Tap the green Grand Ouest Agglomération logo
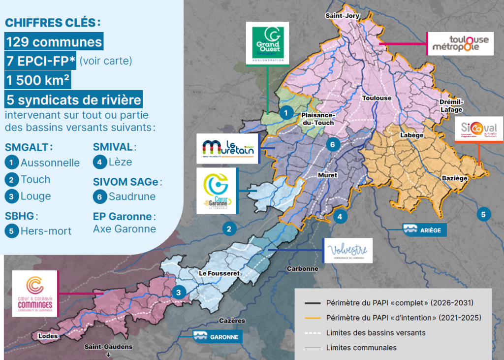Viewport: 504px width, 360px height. (267, 44)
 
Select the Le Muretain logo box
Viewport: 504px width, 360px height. (228, 147)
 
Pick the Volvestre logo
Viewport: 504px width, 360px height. (347, 251)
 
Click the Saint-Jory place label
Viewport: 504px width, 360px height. (343, 16)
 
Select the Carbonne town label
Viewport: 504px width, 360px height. (302, 269)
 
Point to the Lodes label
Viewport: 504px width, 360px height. (48, 336)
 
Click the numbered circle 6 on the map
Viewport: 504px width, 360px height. (333, 144)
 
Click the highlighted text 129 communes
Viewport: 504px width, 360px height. (54, 41)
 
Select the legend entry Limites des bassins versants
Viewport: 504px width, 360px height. (376, 333)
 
